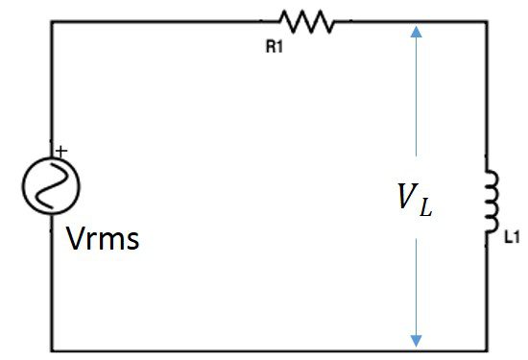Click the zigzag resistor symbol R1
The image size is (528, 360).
305,21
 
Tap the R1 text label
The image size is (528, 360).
275,46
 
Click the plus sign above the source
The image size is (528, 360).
61,151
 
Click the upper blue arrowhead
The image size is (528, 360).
416,31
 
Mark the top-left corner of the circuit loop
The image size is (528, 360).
52,22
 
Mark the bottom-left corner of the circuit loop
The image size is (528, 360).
52,348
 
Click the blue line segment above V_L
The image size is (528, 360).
416,96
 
